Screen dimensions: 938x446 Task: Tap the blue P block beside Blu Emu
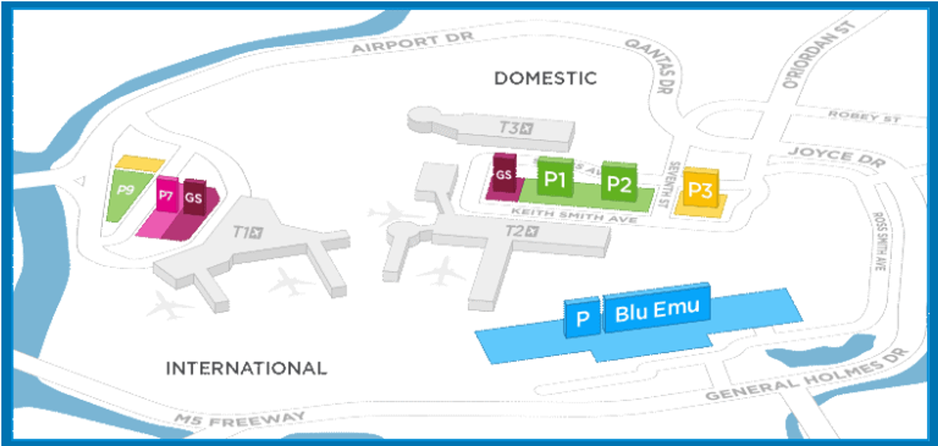(582, 318)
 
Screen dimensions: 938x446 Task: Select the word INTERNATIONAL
(246, 368)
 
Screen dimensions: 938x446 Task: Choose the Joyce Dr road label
(836, 157)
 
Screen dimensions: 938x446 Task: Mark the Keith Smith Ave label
(574, 215)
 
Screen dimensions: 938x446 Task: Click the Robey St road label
(864, 117)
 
